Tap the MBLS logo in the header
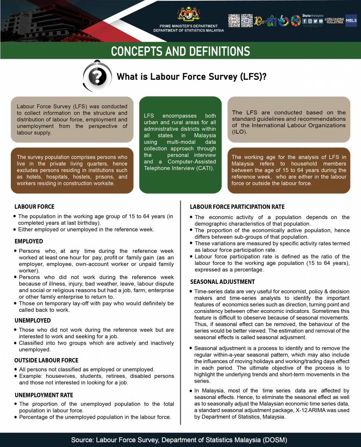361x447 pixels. tap(351, 20)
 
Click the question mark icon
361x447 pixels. tap(98, 76)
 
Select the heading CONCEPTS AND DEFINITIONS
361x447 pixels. tap(180, 51)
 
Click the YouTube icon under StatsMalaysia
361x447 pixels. tap(321, 21)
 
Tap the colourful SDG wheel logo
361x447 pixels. tap(295, 20)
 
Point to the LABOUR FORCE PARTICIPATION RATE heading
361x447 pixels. tap(237, 207)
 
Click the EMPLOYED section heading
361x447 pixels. tap(29, 241)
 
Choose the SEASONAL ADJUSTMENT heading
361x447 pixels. tap(222, 282)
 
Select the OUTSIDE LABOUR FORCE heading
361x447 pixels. tap(46, 360)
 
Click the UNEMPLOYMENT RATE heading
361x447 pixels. tap(44, 395)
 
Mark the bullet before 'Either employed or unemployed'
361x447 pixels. tap(15, 229)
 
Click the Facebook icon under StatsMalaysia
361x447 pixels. tap(305, 21)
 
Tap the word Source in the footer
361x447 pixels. tap(82, 440)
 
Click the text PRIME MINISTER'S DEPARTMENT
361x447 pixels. tap(189, 26)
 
